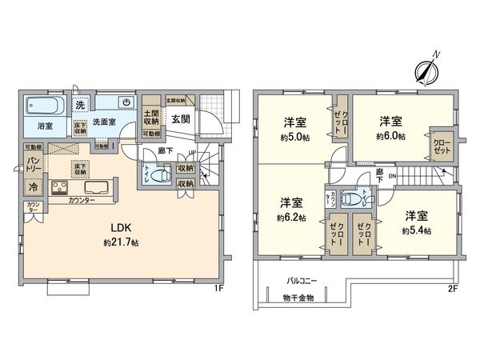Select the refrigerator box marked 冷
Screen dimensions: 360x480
click(x=34, y=186)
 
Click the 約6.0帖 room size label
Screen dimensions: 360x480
click(x=390, y=137)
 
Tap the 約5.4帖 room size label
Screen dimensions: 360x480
click(x=417, y=230)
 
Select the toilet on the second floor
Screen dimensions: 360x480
click(x=352, y=198)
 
